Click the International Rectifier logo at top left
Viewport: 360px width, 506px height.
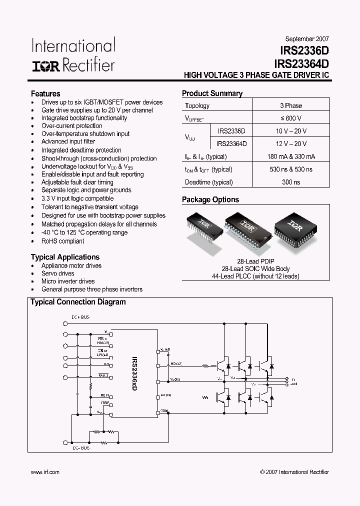[73, 55]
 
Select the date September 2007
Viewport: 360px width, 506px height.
[307, 38]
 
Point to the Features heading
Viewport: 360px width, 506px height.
[45, 93]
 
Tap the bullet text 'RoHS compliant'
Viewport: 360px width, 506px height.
[62, 241]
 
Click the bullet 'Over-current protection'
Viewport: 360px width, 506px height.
[72, 126]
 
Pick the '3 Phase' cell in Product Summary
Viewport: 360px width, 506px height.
[291, 105]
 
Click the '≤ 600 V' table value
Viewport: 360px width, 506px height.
[291, 118]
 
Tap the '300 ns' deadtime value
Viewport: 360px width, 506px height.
[291, 182]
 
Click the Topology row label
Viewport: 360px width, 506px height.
[197, 105]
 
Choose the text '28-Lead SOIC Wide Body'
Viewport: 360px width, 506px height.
[256, 268]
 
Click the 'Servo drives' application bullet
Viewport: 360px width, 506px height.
[58, 273]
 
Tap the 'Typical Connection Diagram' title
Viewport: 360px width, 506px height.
[78, 302]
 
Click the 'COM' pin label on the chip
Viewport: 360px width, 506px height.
[162, 410]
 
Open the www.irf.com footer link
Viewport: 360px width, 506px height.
[45, 471]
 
